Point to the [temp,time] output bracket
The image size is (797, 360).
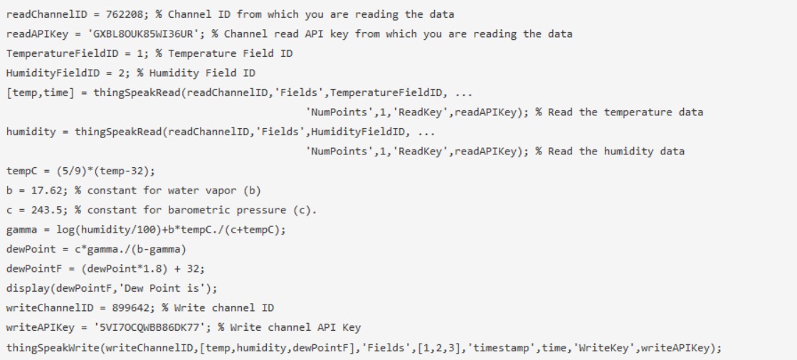coord(40,93)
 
